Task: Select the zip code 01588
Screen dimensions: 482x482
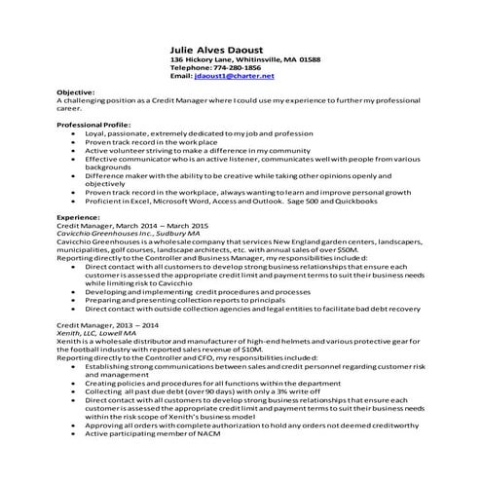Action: [x=309, y=59]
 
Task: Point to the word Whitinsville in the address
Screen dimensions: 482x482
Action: [x=258, y=59]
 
